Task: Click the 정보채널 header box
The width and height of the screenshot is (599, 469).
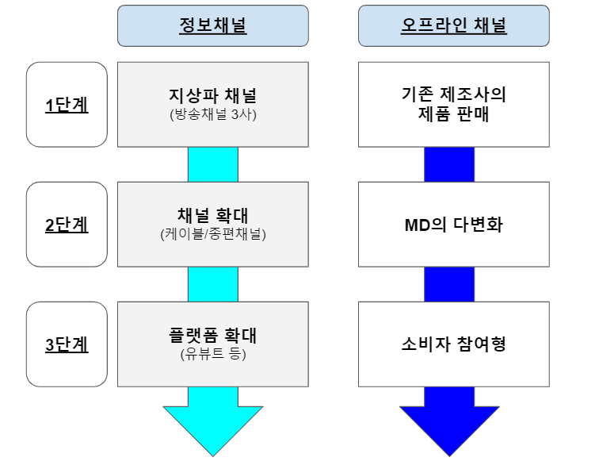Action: click(212, 25)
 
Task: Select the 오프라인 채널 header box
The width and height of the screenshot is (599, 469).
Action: click(454, 25)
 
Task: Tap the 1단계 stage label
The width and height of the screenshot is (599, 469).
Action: click(67, 105)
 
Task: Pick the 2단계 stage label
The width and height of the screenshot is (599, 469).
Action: click(67, 225)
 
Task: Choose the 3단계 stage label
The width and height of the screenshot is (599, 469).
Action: click(67, 344)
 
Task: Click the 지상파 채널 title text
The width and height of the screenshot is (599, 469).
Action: click(212, 96)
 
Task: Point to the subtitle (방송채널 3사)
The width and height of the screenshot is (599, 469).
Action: click(212, 113)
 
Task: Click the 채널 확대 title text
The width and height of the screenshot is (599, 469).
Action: click(212, 217)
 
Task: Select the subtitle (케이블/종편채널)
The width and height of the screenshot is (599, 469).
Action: click(212, 234)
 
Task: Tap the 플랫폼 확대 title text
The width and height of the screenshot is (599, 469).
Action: click(212, 336)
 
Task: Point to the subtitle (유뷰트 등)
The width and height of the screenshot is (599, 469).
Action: click(212, 354)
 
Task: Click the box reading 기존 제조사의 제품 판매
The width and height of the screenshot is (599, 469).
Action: click(454, 105)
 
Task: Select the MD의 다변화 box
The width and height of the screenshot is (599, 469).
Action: click(454, 225)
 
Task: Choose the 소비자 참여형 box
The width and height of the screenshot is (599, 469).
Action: click(454, 344)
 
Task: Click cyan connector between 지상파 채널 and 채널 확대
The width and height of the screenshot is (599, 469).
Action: click(212, 164)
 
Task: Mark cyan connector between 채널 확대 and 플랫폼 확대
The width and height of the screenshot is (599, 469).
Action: click(212, 284)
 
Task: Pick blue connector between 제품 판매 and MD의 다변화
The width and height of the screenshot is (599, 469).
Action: click(449, 164)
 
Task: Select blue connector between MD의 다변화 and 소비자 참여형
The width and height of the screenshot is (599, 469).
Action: click(449, 284)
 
